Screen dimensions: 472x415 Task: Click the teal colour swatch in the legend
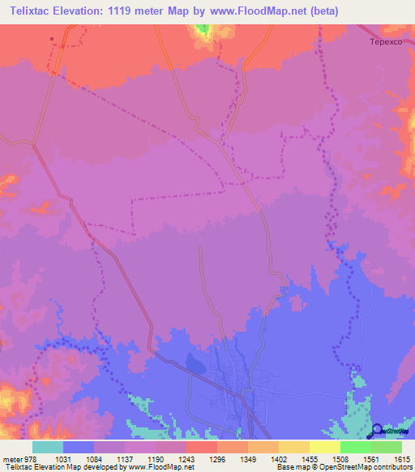point(48,447)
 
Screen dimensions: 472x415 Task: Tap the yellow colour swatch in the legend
point(325,447)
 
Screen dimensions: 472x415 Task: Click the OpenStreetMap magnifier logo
point(378,430)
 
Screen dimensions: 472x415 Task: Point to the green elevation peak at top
point(202,30)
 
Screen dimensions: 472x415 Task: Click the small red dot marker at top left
point(52,38)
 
